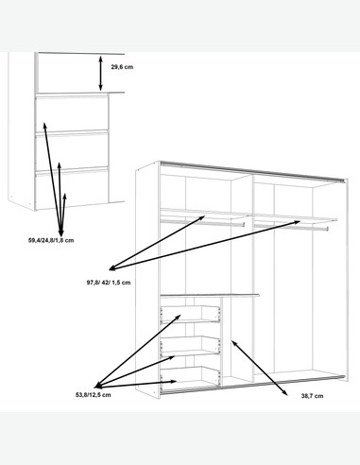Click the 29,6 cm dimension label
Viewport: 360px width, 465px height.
122,67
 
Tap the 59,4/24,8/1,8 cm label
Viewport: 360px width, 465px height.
51,240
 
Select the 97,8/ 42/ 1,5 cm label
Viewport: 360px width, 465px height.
109,283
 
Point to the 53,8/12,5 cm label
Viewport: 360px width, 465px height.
93,395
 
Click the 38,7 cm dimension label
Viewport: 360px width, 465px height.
312,396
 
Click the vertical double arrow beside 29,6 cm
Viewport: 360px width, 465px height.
100,73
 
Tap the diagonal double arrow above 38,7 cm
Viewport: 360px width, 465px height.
260,368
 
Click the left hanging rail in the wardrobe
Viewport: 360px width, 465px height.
202,222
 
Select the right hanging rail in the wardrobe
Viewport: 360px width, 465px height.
291,227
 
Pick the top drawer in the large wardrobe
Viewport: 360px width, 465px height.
190,314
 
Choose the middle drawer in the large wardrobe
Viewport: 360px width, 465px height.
190,346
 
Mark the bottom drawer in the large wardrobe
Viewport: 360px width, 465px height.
190,376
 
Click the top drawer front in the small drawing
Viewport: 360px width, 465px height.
72,113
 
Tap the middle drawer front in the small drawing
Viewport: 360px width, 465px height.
72,151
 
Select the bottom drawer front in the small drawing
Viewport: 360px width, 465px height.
72,189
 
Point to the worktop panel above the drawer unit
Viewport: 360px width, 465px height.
210,295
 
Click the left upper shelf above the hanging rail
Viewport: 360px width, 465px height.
205,213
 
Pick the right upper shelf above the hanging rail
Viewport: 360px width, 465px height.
296,217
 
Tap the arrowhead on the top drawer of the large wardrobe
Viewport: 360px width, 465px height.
178,317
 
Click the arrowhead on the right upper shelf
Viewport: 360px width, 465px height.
297,222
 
